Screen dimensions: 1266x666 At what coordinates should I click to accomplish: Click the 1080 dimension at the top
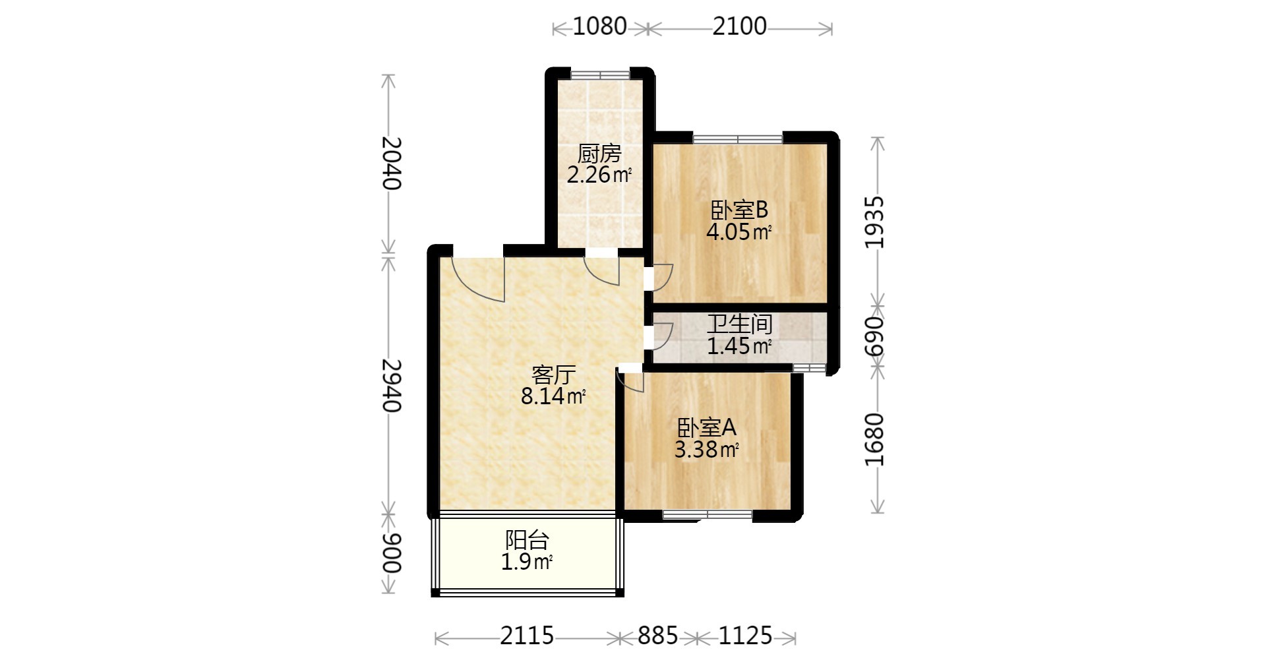(x=599, y=26)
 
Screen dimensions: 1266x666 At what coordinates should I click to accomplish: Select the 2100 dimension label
(x=739, y=26)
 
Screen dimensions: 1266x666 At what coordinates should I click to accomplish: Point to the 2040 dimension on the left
(x=392, y=163)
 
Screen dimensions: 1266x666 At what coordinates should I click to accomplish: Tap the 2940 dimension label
(x=392, y=385)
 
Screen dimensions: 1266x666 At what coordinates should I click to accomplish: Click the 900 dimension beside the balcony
(x=392, y=553)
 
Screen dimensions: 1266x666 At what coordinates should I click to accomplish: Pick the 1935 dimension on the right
(x=874, y=222)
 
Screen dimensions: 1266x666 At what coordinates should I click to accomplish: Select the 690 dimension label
(x=874, y=337)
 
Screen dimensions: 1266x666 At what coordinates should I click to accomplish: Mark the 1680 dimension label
(x=874, y=439)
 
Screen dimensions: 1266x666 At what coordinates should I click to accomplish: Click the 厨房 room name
(x=599, y=154)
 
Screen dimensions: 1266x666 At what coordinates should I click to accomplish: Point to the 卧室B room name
(x=739, y=210)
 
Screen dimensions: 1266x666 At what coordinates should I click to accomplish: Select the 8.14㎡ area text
(x=553, y=396)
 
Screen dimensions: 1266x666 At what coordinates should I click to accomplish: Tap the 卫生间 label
(x=739, y=324)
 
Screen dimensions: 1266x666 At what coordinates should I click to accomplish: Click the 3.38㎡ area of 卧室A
(x=706, y=450)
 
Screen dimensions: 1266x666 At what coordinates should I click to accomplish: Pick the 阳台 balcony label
(x=527, y=541)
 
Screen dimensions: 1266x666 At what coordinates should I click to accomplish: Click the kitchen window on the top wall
(x=599, y=73)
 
